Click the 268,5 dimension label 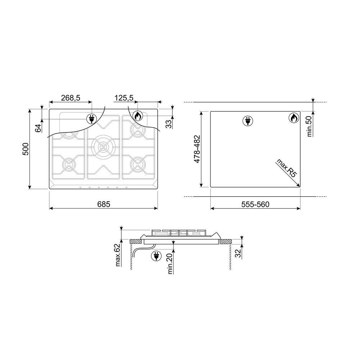[71, 98]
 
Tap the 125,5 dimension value [124, 98]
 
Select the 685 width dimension [104, 204]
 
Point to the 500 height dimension [26, 149]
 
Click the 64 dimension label [39, 128]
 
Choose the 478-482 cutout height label [197, 149]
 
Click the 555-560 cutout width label [255, 204]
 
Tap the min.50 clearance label [310, 126]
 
